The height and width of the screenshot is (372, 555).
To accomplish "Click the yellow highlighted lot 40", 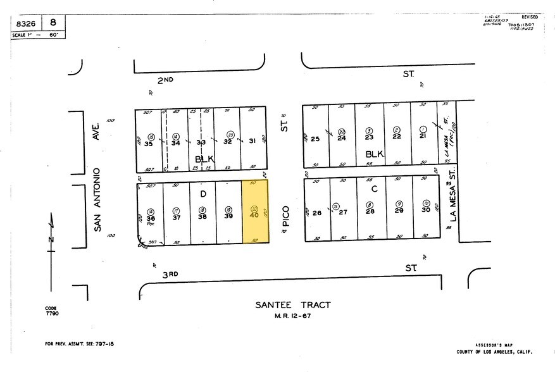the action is pyautogui.click(x=256, y=212).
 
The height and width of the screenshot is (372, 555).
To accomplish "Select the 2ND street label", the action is pyautogui.click(x=166, y=80).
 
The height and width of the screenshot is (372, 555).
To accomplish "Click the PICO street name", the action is pyautogui.click(x=285, y=216).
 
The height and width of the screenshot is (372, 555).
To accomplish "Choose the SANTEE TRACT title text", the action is pyautogui.click(x=293, y=305).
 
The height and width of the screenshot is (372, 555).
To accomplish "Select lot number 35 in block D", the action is pyautogui.click(x=149, y=143).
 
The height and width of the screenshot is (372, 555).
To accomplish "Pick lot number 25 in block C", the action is pyautogui.click(x=315, y=139).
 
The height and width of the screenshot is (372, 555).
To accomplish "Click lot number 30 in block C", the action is pyautogui.click(x=426, y=210).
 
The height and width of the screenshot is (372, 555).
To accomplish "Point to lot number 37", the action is pyautogui.click(x=176, y=216).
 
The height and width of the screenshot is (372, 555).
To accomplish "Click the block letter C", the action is pyautogui.click(x=375, y=189).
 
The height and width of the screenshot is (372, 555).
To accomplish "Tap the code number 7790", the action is pyautogui.click(x=52, y=313).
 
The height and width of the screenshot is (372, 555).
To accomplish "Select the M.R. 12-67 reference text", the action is pyautogui.click(x=293, y=316).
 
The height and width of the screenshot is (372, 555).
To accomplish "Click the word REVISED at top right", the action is pyautogui.click(x=530, y=17).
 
